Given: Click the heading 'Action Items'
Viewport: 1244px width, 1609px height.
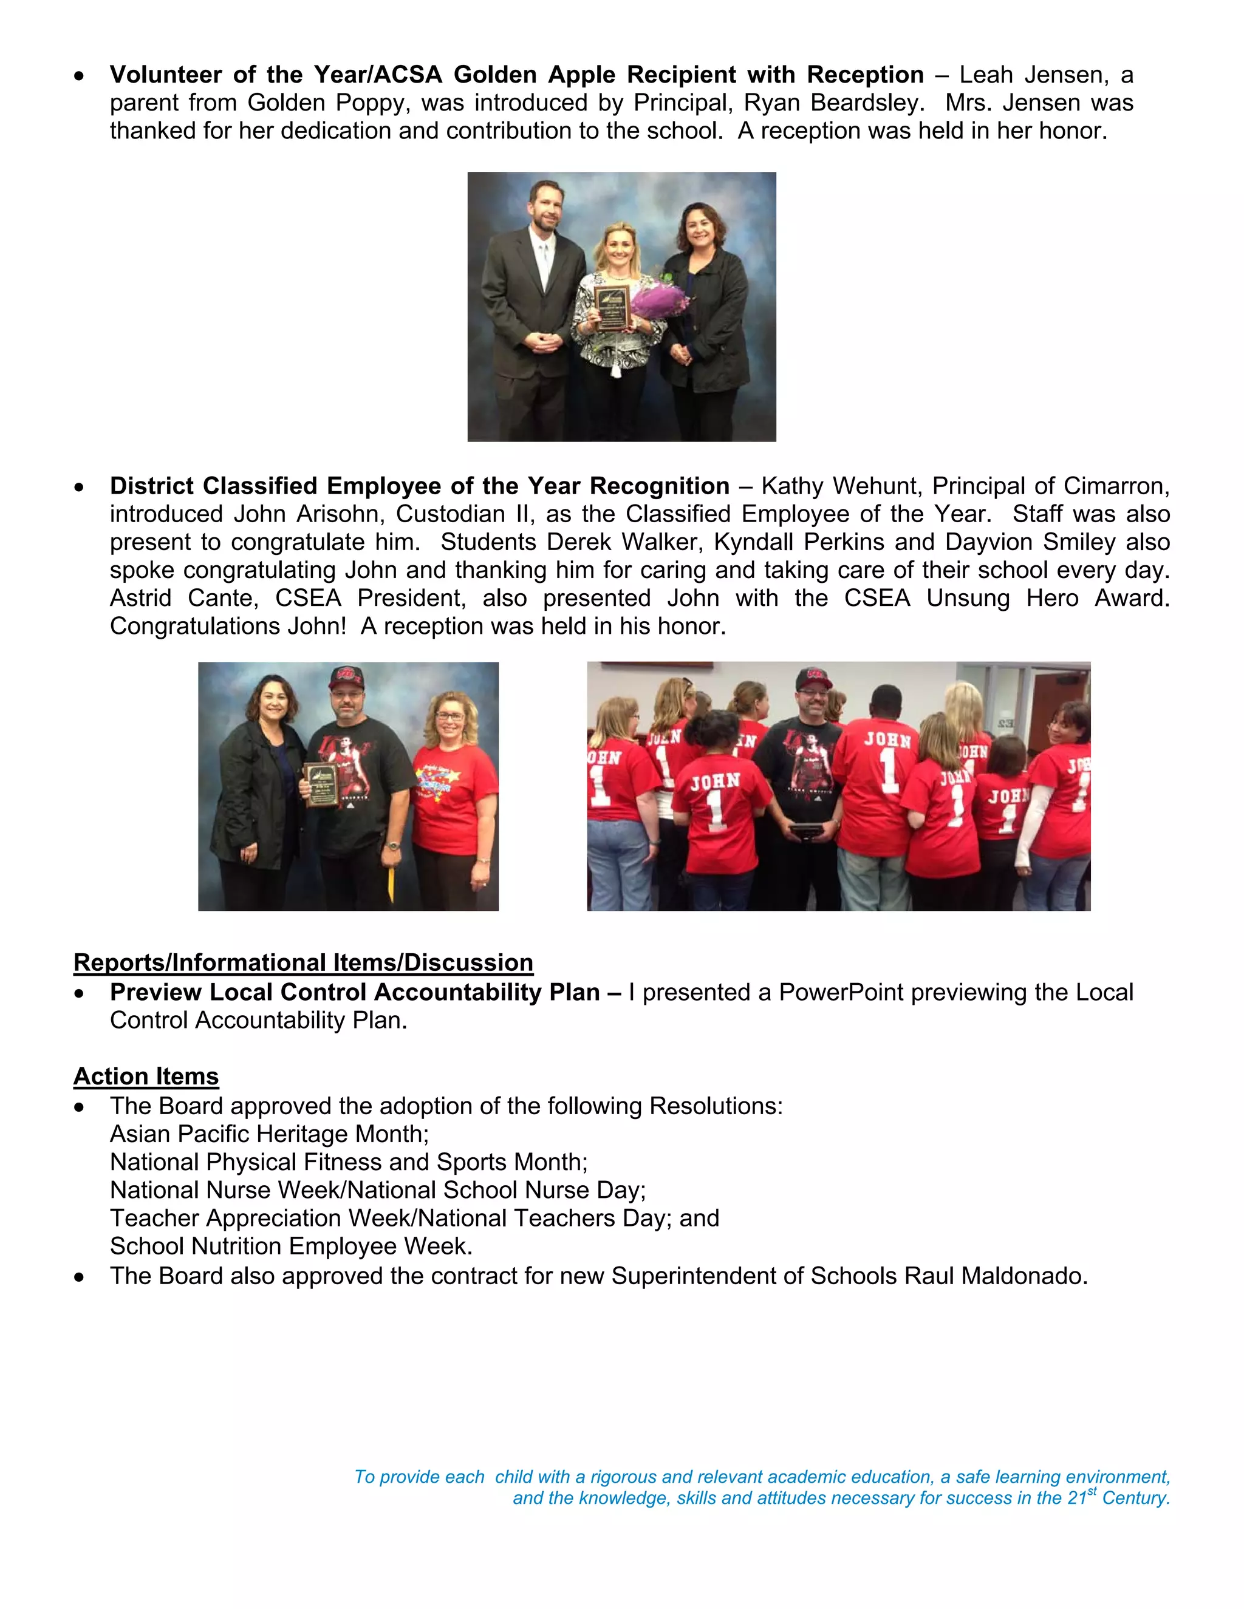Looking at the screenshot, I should click(x=146, y=1077).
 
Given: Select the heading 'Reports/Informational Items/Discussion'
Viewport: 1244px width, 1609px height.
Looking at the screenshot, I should click(x=303, y=963).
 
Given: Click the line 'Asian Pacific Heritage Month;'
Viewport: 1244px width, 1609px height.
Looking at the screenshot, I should click(x=269, y=1134).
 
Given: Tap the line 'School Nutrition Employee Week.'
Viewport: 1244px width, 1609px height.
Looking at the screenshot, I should click(x=291, y=1246).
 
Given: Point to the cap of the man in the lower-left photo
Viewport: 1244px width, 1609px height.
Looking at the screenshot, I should click(x=346, y=676).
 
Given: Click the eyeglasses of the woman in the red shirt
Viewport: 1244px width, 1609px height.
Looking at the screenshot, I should click(x=449, y=716).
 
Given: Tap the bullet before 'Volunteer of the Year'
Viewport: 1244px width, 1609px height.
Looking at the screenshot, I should click(x=79, y=76).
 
